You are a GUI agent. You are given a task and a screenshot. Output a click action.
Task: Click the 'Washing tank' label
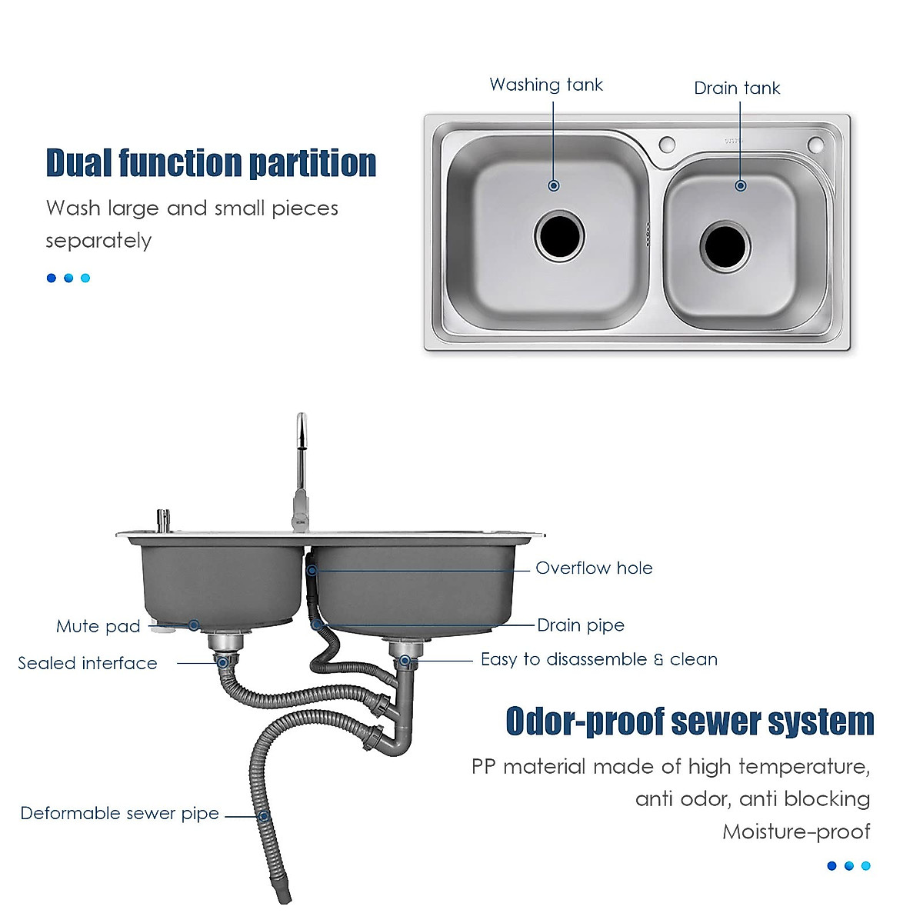[x=546, y=85]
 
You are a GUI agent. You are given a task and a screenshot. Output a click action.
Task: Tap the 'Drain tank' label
[x=737, y=88]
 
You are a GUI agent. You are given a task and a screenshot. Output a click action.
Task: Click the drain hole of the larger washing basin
[x=559, y=236]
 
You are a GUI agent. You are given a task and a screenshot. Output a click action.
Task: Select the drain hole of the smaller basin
[x=724, y=247]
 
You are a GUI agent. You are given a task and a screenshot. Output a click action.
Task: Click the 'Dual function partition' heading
[x=211, y=163]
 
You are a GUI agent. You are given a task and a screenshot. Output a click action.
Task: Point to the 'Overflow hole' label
[x=594, y=568]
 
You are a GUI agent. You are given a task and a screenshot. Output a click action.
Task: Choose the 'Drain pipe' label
[x=581, y=625]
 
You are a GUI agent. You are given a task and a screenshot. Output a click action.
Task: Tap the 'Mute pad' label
[x=98, y=626]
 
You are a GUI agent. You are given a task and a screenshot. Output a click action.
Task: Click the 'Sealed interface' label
[x=88, y=663]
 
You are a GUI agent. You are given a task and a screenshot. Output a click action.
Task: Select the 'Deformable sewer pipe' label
[x=120, y=814]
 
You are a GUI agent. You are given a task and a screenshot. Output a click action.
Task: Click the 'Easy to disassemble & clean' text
[x=598, y=659]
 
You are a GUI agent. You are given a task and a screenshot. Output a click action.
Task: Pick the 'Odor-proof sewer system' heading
[x=690, y=722]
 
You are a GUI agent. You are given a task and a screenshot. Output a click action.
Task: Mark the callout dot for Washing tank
[x=554, y=186]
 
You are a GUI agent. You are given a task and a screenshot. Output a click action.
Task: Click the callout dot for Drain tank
[x=741, y=186]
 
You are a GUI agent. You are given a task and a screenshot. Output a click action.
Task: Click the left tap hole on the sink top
[x=667, y=144]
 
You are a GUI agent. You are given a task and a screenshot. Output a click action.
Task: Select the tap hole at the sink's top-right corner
[x=815, y=144]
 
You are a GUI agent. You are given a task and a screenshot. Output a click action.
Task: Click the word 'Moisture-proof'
[x=796, y=831]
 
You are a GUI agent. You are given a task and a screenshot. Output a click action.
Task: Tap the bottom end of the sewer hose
[x=285, y=898]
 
